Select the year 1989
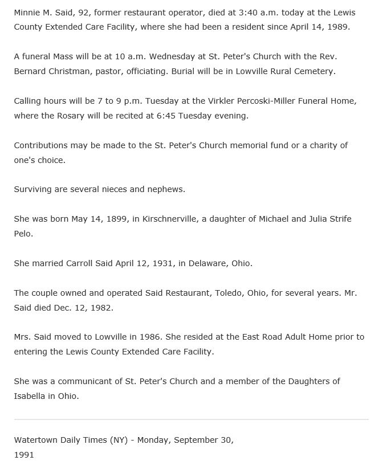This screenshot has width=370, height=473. click(339, 27)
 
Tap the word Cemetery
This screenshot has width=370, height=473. click(315, 71)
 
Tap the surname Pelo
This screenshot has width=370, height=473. click(23, 234)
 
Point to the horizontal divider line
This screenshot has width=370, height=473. click(191, 419)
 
